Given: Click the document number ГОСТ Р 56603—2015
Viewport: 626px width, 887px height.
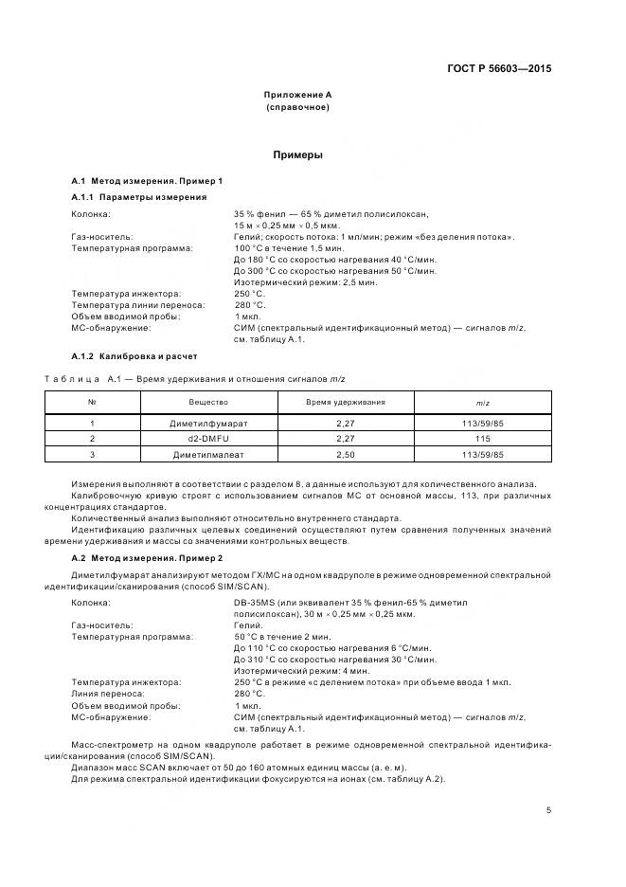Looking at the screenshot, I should pos(499,68).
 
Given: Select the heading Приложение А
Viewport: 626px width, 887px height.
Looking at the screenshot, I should pos(297,95).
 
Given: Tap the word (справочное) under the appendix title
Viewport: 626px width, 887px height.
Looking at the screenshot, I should pos(297,107).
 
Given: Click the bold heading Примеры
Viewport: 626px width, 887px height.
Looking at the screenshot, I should pos(297,154).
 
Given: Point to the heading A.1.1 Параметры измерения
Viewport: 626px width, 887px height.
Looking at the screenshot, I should pos(139,197).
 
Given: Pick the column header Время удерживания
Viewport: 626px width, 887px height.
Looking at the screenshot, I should pos(345,403).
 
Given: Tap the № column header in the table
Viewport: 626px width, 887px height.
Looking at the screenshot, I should pos(93,403).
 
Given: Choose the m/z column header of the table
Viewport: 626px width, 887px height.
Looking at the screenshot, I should pos(483,403).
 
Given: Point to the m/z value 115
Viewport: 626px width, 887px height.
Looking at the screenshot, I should pos(483,439).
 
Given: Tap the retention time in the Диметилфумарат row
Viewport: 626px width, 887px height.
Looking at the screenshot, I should pos(345,424).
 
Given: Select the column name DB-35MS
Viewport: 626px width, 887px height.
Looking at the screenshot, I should pos(257,602).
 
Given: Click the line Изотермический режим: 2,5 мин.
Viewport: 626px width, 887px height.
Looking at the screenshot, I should pos(305,281).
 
